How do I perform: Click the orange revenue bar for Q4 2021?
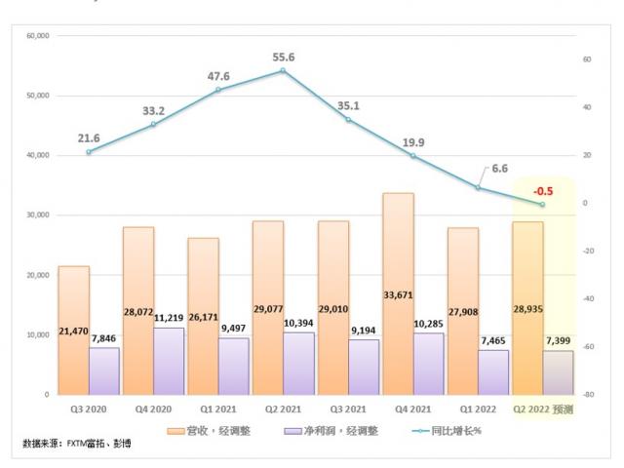398,292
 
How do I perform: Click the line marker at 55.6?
283,70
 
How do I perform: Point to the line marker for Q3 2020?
89,152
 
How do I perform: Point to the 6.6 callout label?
499,169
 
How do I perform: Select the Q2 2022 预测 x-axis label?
543,410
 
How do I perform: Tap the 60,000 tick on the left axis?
37,36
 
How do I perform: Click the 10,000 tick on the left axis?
37,334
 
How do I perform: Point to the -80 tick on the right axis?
588,395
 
